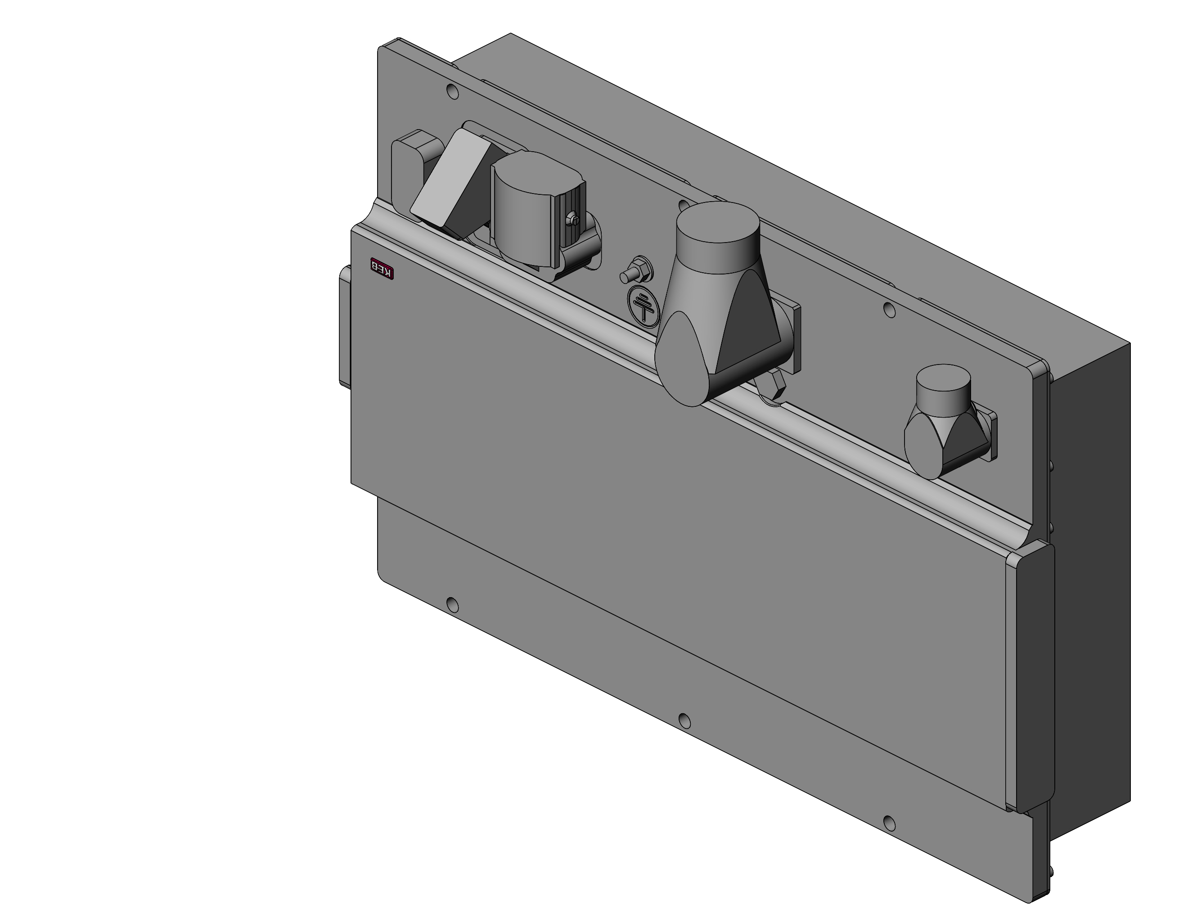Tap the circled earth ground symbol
643,307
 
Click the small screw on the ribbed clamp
572,219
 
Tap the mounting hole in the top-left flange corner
452,91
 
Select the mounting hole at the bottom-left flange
452,604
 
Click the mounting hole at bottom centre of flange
685,721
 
